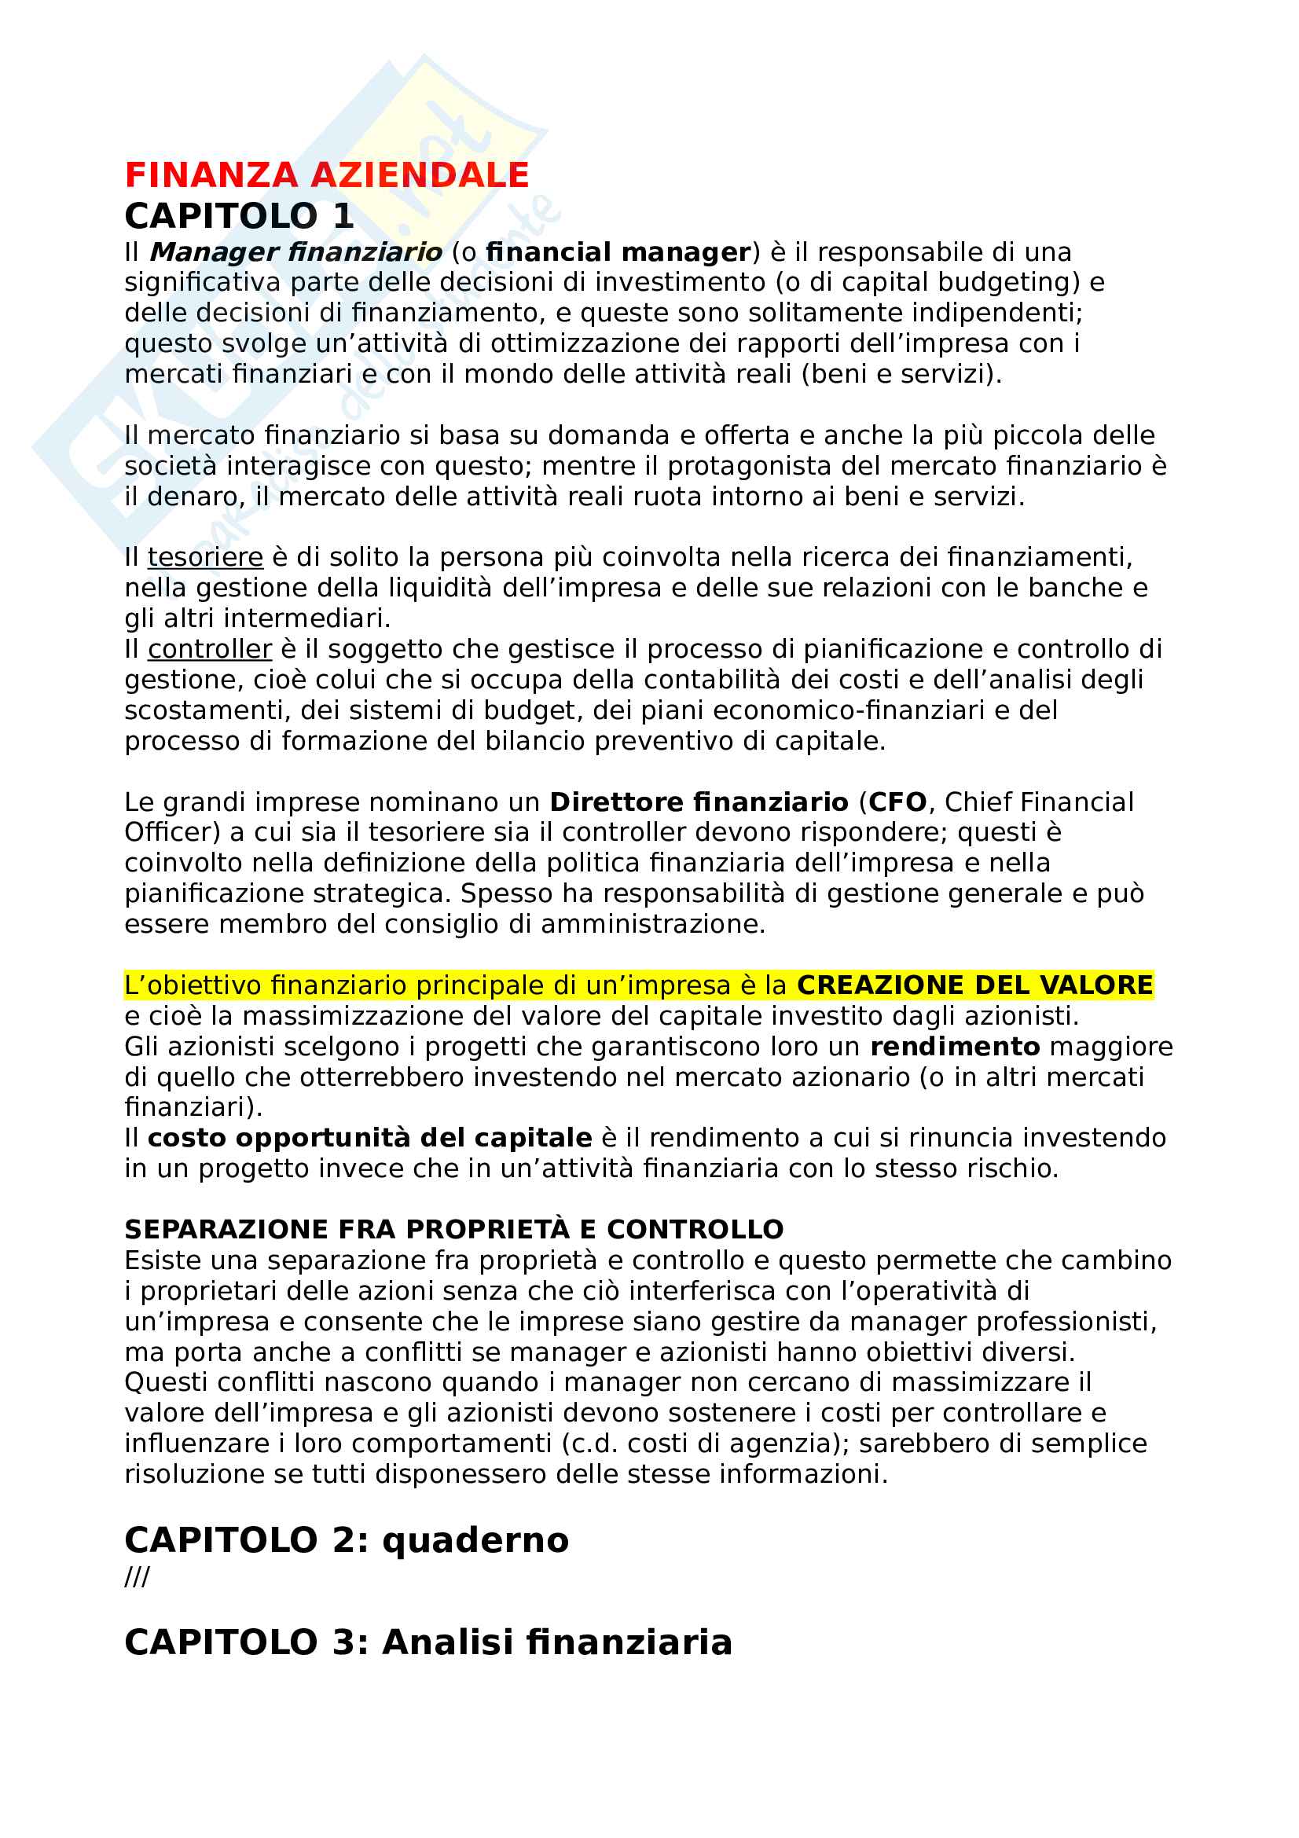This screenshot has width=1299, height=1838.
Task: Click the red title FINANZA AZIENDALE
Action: click(x=327, y=175)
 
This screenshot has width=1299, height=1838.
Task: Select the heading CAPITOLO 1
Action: click(x=239, y=216)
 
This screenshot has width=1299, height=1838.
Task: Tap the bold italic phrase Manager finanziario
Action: click(x=296, y=252)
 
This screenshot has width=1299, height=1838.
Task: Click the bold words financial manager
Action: click(x=618, y=252)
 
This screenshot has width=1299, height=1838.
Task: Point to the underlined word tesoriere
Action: click(x=206, y=557)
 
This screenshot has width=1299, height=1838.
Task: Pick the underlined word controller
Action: click(x=210, y=649)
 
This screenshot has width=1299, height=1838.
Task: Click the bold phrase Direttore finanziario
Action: click(x=699, y=802)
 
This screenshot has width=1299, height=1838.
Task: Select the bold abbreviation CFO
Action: click(x=897, y=802)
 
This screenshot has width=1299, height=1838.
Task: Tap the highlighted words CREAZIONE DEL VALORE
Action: click(x=975, y=985)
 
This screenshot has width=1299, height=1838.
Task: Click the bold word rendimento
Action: click(x=955, y=1047)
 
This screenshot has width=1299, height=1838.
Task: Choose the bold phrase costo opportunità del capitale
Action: click(x=370, y=1139)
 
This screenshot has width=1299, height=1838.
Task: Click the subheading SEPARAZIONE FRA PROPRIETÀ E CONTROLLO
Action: click(x=453, y=1230)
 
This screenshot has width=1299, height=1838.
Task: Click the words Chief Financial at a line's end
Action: click(x=1039, y=802)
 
